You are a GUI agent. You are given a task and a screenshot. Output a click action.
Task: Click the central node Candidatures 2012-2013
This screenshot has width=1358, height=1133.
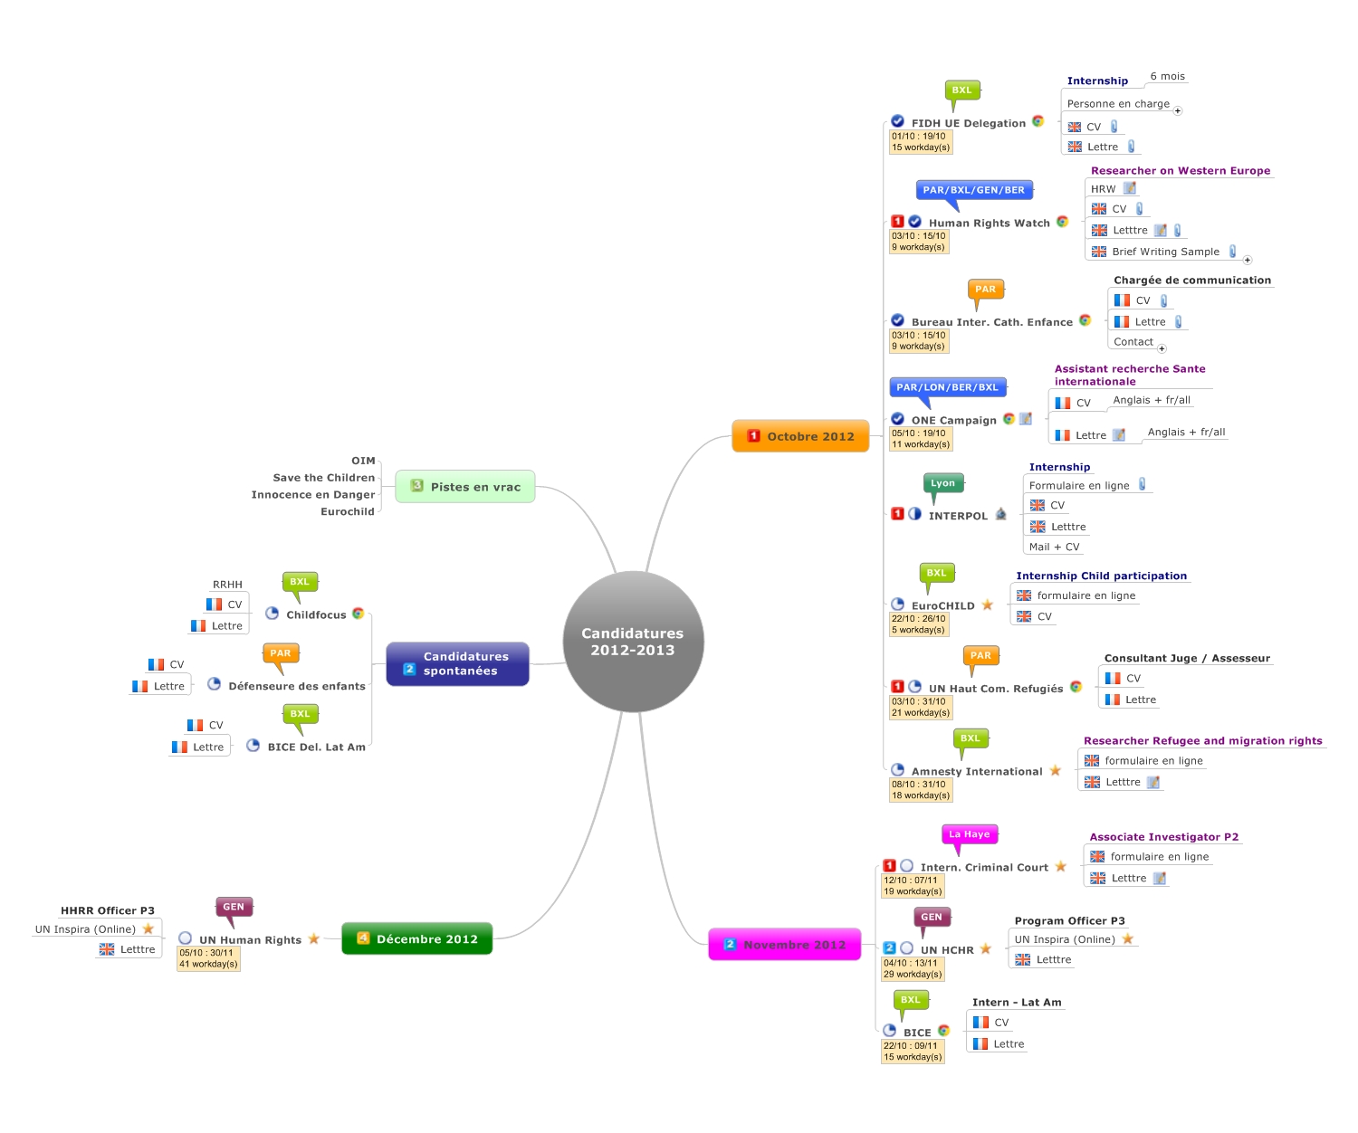[633, 642]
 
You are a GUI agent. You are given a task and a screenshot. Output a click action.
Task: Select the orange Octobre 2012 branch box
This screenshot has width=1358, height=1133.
[800, 436]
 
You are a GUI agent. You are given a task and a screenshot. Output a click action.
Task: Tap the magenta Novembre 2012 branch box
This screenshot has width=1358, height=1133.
[784, 945]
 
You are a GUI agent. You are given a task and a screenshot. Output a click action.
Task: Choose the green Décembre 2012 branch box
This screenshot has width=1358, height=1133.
[416, 938]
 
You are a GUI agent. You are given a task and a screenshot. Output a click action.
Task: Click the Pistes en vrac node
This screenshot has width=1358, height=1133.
[465, 487]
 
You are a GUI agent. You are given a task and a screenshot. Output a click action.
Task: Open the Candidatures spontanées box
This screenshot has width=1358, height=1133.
[457, 663]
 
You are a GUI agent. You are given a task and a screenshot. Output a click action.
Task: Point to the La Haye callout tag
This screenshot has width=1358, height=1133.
[969, 834]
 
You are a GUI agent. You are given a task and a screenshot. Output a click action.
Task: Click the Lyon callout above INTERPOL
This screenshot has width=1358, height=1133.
[942, 483]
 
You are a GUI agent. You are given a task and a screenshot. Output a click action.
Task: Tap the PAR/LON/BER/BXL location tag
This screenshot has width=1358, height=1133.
[947, 387]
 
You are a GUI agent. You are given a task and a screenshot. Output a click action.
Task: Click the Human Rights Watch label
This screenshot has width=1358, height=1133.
[989, 223]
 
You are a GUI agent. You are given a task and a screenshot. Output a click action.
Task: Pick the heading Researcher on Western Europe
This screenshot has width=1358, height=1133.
[1180, 170]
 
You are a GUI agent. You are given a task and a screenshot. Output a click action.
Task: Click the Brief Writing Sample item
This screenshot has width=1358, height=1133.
[1165, 252]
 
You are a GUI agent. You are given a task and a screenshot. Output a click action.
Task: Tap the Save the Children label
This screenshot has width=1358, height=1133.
[323, 478]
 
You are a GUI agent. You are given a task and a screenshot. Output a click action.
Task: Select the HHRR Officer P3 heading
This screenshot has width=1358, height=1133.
[108, 910]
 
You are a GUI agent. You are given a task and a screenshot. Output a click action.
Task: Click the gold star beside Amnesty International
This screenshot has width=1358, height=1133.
[1055, 771]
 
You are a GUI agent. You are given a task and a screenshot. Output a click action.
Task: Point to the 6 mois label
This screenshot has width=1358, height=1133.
[1167, 77]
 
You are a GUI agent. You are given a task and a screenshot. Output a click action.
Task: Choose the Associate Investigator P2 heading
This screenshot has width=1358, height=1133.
[1163, 837]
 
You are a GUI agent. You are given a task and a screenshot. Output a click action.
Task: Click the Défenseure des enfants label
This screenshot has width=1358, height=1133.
[297, 686]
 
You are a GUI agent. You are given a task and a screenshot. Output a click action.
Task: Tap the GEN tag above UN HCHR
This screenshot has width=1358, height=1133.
[931, 917]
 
